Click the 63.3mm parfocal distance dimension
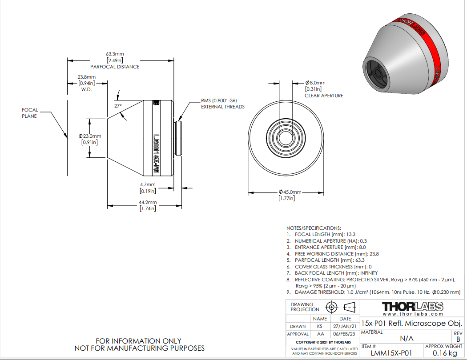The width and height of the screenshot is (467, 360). (115, 54)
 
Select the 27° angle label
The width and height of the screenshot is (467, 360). (118, 106)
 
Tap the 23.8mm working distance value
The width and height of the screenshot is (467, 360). (87, 77)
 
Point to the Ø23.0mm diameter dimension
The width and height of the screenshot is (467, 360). (90, 136)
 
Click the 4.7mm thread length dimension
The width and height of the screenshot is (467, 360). (148, 184)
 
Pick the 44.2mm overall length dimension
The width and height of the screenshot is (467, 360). (148, 202)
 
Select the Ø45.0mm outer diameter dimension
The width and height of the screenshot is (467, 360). (290, 192)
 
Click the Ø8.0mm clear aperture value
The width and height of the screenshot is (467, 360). (315, 83)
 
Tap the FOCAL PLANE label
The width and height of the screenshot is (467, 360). (30, 113)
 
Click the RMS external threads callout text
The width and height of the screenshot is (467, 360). (223, 104)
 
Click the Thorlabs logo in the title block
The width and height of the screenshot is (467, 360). (413, 307)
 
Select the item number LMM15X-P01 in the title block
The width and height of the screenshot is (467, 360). (391, 353)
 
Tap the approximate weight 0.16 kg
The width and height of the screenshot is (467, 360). (445, 353)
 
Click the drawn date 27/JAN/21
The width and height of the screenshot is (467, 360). (345, 326)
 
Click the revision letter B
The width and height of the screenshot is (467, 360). (458, 339)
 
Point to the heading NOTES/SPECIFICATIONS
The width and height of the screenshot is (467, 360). (314, 228)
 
